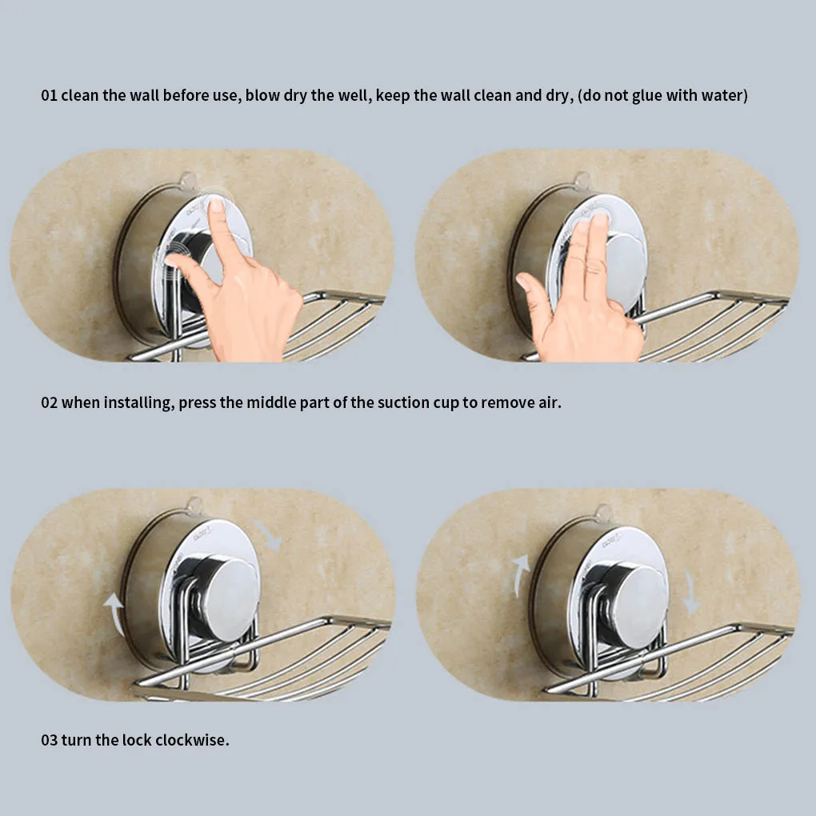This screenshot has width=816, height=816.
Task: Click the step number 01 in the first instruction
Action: tap(50, 96)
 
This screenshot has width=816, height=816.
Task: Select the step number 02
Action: tap(50, 402)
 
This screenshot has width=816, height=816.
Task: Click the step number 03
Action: tap(50, 740)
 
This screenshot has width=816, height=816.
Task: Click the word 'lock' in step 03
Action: tap(133, 740)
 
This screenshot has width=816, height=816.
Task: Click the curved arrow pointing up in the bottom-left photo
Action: tap(115, 613)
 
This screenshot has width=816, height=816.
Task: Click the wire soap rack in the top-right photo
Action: tap(712, 324)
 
